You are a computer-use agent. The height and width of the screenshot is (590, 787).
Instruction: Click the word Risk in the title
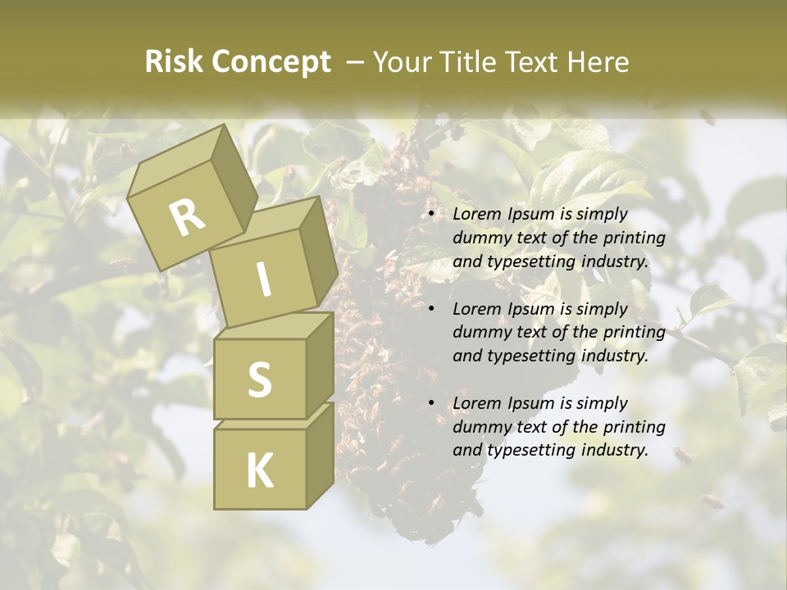[x=173, y=62]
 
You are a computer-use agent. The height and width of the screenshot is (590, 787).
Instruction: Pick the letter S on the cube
[x=259, y=379]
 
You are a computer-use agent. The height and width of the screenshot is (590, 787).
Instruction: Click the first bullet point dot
[x=432, y=215]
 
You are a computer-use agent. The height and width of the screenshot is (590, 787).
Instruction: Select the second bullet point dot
[x=432, y=309]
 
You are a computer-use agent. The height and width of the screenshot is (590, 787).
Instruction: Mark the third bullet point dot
[x=432, y=403]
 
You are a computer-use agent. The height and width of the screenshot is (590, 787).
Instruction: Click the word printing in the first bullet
[x=635, y=238]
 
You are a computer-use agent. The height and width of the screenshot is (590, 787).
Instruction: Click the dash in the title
[x=356, y=62]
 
